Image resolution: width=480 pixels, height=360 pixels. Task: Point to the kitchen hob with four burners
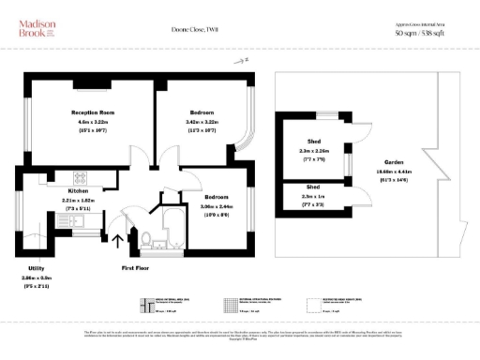(x=78, y=178)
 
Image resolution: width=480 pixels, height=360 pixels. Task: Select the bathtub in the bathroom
(x=174, y=230)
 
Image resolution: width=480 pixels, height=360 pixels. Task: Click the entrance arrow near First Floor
(x=117, y=242)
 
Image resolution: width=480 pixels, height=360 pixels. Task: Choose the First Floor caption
(x=137, y=267)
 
